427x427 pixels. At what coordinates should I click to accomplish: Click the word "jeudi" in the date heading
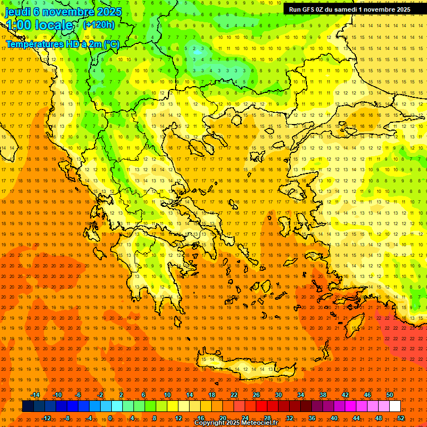(x=18, y=12)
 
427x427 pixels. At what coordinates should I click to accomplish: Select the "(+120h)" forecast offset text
(x=98, y=24)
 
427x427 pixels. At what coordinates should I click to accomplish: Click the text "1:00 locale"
(x=39, y=26)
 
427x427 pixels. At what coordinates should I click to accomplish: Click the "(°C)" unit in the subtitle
(x=111, y=44)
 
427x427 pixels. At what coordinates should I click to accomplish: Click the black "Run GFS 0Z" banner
(x=350, y=9)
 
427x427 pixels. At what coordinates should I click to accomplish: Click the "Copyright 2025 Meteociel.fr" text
(x=236, y=423)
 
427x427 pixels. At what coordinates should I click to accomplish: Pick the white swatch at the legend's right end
(x=395, y=406)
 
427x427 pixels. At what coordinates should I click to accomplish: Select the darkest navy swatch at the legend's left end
(x=28, y=406)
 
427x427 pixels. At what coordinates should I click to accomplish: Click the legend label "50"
(x=390, y=395)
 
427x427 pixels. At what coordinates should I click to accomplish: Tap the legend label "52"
(x=401, y=418)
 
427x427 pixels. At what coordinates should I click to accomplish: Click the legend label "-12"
(x=46, y=418)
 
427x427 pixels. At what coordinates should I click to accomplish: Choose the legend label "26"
(x=256, y=395)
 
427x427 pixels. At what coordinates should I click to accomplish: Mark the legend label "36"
(x=312, y=418)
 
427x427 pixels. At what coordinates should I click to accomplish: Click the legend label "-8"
(x=68, y=418)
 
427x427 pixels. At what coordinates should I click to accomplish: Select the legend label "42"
(x=345, y=395)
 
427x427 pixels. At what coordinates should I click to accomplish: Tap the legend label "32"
(x=290, y=418)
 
